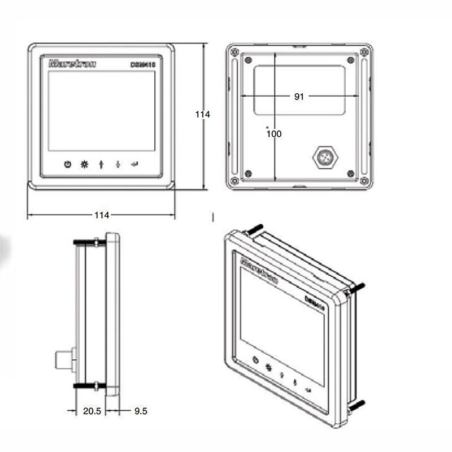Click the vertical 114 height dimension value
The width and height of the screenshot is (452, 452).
(202, 114)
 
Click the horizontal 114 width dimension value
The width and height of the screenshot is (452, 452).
(102, 215)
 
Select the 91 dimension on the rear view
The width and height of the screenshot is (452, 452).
(299, 97)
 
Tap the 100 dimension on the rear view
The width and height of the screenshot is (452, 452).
(274, 134)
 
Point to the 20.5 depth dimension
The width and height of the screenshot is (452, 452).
(92, 411)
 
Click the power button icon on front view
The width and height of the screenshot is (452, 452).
(68, 164)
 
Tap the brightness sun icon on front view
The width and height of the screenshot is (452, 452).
(84, 164)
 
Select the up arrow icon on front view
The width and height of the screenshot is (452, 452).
(101, 165)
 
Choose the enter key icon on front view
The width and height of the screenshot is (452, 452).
(134, 164)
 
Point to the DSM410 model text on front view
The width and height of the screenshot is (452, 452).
(142, 65)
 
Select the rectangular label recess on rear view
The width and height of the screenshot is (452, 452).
(299, 90)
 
